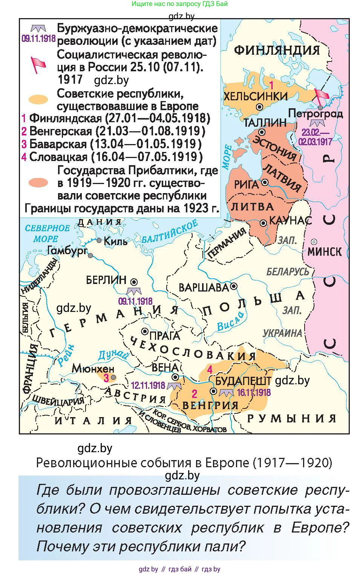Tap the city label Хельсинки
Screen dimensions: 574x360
[x=255, y=96]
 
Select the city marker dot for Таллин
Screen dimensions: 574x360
[x=262, y=132]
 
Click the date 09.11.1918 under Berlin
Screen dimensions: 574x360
[x=135, y=301]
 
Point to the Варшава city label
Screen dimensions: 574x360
[x=204, y=287]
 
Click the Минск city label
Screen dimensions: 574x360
[x=325, y=252]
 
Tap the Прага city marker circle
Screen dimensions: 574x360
[x=144, y=331]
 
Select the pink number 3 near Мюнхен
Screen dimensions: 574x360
[x=107, y=378]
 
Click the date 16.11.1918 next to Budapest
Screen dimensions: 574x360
[x=253, y=393]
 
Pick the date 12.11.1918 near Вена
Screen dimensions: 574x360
[x=148, y=385]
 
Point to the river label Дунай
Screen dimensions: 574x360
[x=113, y=355]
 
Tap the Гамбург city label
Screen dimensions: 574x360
[x=67, y=250]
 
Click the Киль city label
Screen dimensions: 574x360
[x=115, y=241]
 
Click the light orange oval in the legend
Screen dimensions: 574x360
[x=38, y=100]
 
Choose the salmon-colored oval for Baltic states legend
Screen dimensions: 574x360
[x=38, y=183]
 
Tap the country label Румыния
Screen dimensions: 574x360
[x=291, y=418]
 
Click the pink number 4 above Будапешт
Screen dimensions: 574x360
[x=210, y=370]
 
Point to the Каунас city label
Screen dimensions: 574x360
[x=290, y=220]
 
